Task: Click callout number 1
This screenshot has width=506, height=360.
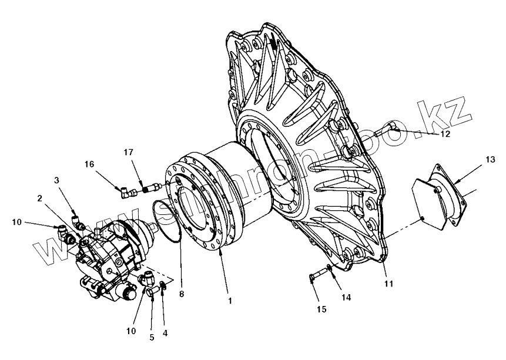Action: point(230,301)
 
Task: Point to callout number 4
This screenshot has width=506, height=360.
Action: point(165,333)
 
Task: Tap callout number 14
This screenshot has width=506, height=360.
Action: point(346,298)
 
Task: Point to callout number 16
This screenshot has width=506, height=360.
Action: point(89,164)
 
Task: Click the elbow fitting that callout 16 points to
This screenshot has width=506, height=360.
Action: point(125,191)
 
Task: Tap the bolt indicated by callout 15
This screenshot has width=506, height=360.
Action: point(314,275)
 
